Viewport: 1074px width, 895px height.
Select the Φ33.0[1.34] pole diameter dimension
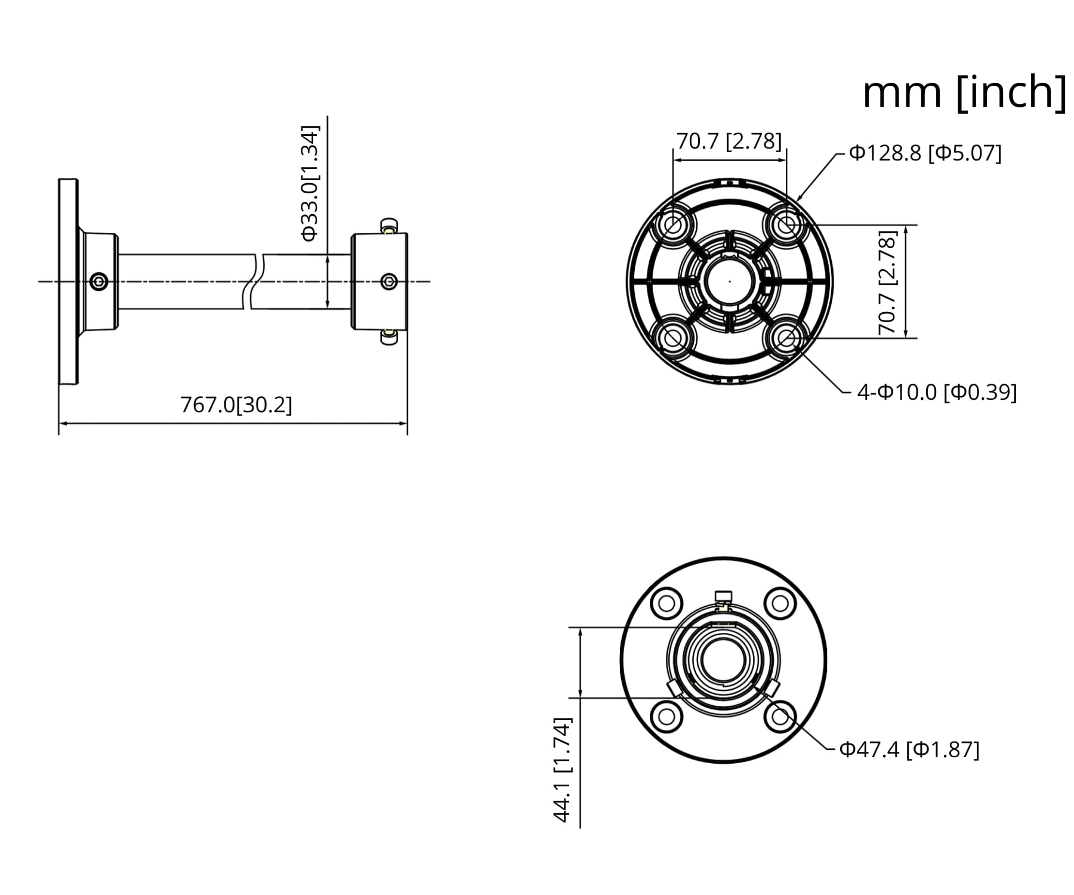click(310, 183)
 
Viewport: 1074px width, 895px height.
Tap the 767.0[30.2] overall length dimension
click(236, 405)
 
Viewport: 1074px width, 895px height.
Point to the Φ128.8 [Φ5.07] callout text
click(925, 153)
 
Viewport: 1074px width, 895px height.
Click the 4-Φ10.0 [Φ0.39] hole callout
click(937, 392)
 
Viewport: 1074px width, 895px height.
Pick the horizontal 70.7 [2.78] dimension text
click(729, 141)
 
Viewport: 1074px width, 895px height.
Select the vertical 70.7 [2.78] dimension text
click(887, 282)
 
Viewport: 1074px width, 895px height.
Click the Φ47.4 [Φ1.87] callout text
click(909, 749)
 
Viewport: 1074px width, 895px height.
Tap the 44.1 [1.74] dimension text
click(563, 770)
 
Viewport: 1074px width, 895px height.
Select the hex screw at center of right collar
click(389, 281)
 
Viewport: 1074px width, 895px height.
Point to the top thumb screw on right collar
click(389, 227)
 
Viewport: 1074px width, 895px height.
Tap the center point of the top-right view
click(730, 281)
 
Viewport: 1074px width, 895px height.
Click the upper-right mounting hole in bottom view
click(780, 603)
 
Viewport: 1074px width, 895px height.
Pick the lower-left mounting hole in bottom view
click(666, 716)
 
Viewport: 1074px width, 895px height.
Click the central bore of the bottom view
click(723, 659)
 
